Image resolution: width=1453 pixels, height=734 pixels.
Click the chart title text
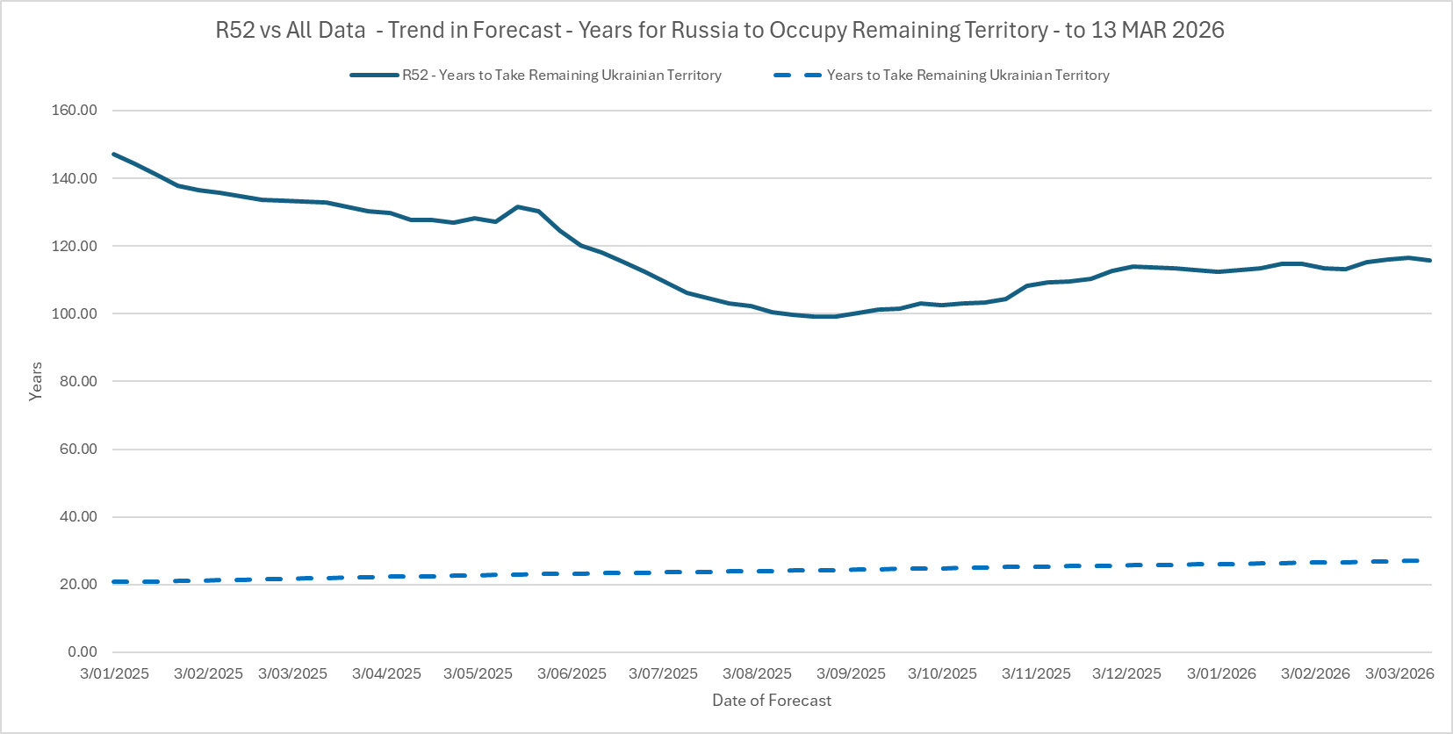720,30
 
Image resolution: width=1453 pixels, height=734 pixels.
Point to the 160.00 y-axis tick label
75,111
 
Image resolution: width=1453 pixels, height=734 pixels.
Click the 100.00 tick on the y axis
75,313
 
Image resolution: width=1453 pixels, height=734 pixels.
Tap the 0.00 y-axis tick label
83,651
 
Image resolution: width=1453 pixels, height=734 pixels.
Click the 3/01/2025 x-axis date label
114,673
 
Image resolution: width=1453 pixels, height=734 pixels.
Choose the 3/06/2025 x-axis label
572,673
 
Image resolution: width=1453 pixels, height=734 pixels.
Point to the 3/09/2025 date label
851,673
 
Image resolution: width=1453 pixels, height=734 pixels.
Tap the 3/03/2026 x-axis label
1399,673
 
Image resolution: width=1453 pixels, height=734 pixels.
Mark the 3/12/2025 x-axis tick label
1126,673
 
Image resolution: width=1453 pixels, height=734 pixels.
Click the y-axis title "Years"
36,381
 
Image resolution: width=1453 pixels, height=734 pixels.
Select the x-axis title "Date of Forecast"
772,701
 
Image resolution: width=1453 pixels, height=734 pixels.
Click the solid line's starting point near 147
114,155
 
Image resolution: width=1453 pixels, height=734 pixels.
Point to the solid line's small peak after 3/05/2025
517,206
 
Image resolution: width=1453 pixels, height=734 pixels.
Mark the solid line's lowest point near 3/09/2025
825,316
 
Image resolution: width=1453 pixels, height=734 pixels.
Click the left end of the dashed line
114,581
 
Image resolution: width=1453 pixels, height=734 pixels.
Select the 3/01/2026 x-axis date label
1221,673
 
